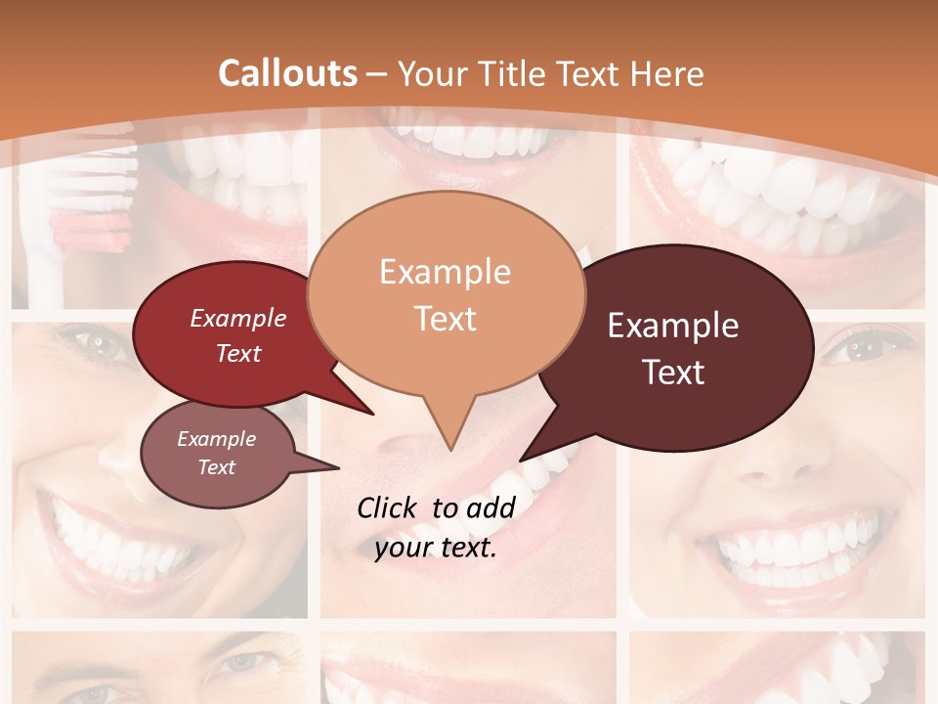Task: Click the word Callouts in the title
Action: pyautogui.click(x=287, y=73)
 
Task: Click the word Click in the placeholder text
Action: pyautogui.click(x=389, y=507)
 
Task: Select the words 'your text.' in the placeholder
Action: pyautogui.click(x=436, y=548)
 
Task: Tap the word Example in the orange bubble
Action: pyautogui.click(x=445, y=271)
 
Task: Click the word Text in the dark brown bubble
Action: pyautogui.click(x=673, y=373)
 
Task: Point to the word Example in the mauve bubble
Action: pyautogui.click(x=216, y=439)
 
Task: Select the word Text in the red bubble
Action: pyautogui.click(x=238, y=353)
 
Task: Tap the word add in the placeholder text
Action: pyautogui.click(x=491, y=507)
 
